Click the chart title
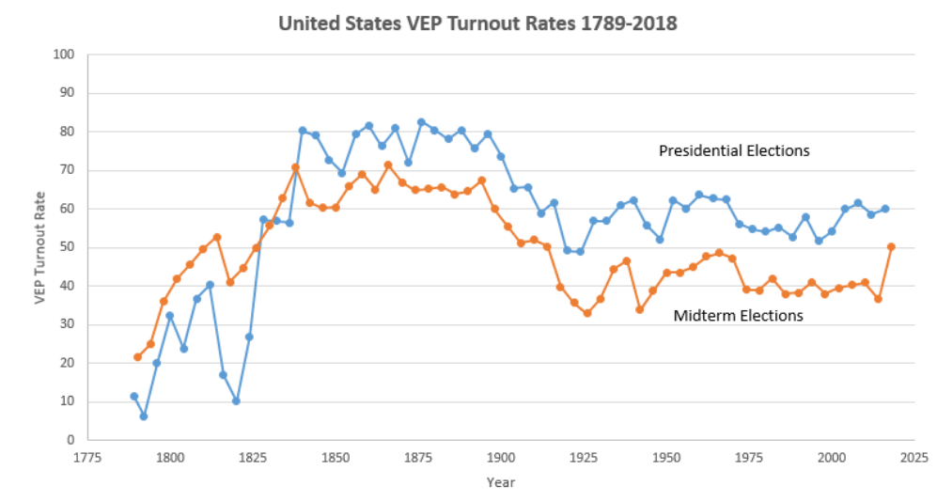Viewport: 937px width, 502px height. point(477,24)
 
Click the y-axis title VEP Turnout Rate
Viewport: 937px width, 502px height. point(40,247)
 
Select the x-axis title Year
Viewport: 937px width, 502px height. point(500,482)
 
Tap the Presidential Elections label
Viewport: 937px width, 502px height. point(734,150)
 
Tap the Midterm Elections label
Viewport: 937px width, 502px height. point(738,316)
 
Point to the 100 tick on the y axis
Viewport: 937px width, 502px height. point(64,55)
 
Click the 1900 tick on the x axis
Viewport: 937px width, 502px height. point(501,458)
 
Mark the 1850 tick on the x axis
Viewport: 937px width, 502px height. point(336,458)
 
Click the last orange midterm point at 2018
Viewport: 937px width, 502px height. point(891,246)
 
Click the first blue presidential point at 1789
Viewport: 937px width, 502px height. point(133,396)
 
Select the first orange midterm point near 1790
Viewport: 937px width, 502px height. point(137,357)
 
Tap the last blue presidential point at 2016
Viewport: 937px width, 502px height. point(884,209)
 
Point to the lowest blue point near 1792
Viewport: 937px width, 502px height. point(144,416)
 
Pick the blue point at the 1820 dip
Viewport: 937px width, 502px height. point(236,400)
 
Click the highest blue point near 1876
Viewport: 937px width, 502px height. point(421,122)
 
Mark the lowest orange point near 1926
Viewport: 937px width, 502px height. point(587,313)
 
